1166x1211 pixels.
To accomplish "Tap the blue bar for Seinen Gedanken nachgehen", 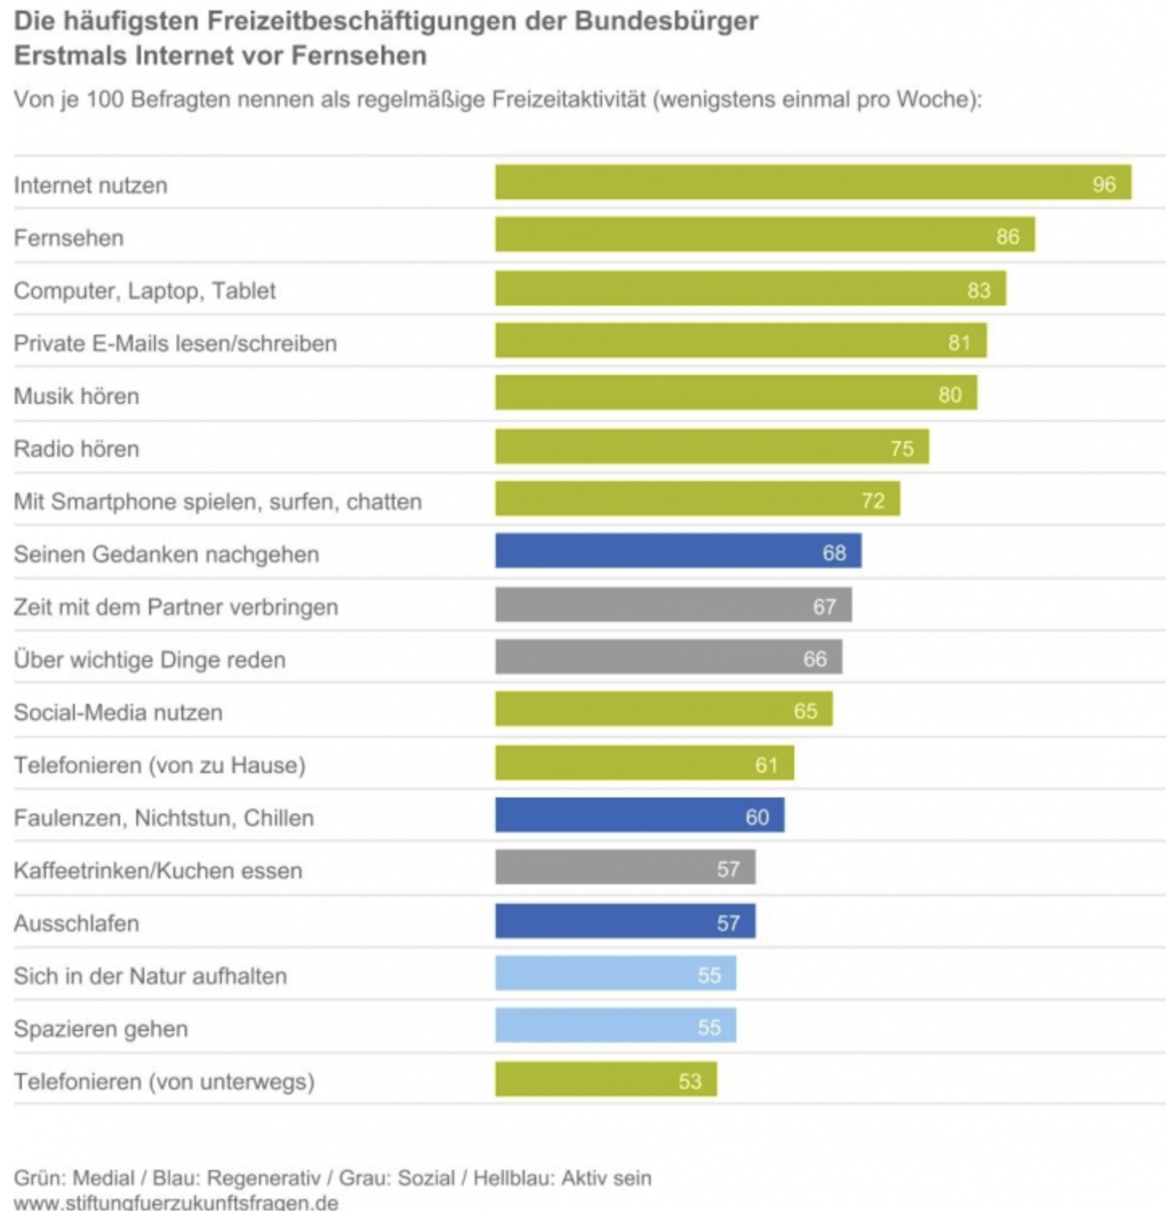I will (677, 551).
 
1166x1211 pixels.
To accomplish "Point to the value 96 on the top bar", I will (1104, 185).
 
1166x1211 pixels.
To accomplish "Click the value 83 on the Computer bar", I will (978, 290).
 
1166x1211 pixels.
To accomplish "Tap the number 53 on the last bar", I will (689, 1081).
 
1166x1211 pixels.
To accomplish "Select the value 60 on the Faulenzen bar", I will (756, 818).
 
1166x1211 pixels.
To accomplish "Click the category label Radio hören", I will (77, 449).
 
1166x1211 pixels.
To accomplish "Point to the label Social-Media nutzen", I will (118, 713).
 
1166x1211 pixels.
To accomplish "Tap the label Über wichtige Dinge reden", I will (149, 660).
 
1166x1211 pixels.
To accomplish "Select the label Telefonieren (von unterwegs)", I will (164, 1082).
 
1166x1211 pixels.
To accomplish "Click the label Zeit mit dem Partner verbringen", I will (176, 607).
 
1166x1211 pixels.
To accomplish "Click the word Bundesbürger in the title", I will (666, 21).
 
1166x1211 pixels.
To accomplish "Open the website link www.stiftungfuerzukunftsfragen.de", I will (176, 1202).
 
